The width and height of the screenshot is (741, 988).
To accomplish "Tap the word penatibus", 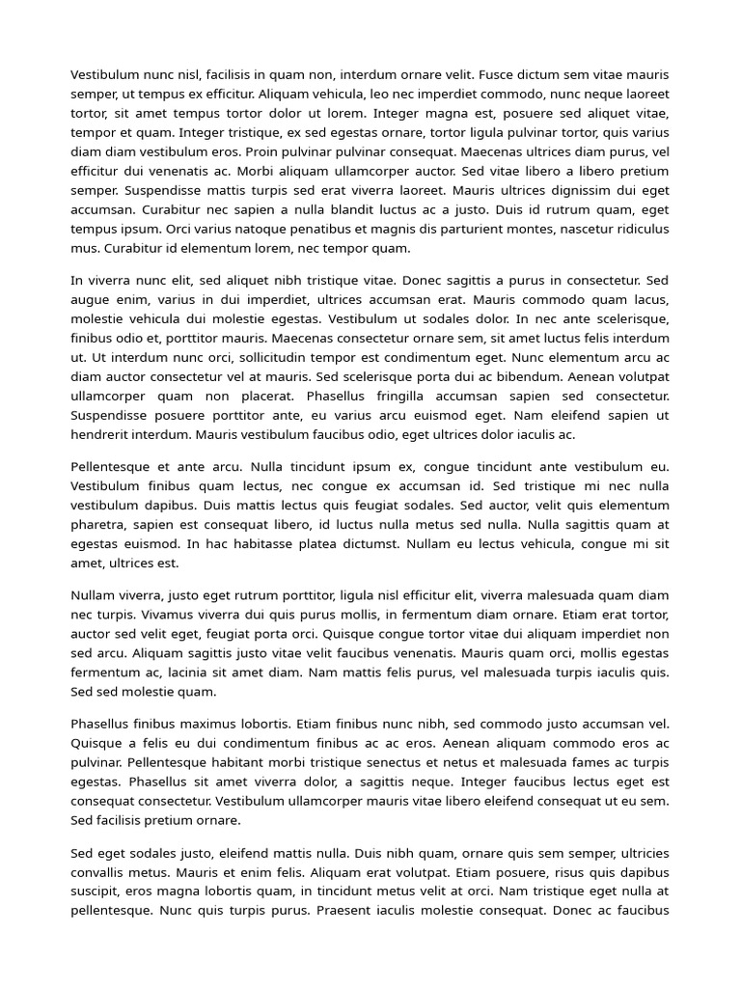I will tap(315, 229).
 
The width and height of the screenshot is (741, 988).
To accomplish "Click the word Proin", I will tap(266, 151).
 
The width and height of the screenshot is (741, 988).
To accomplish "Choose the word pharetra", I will tap(97, 524).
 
